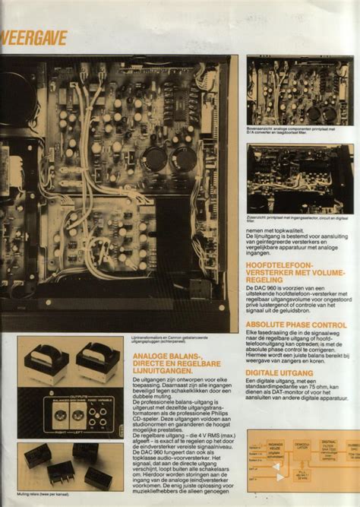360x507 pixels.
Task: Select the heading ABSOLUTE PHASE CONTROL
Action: click(296, 325)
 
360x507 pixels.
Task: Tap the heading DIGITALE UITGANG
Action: click(279, 373)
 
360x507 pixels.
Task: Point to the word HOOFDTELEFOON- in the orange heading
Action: click(279, 263)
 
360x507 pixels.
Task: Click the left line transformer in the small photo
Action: click(43, 360)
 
